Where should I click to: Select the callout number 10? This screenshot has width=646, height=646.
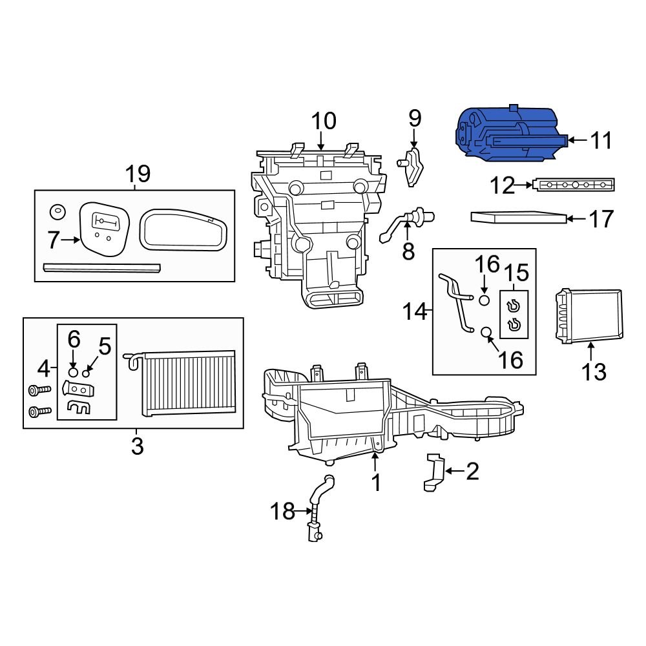[324, 121]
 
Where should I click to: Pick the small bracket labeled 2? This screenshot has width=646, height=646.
[434, 473]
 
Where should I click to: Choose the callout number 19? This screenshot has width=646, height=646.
[138, 174]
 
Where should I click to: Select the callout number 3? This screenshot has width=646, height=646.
[137, 445]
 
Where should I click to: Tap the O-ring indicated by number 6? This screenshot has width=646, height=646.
[74, 373]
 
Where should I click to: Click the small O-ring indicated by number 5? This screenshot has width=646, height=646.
[86, 373]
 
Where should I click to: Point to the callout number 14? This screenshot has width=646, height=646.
[416, 312]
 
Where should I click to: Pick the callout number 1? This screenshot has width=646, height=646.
[376, 483]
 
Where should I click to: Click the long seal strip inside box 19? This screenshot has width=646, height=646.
[101, 267]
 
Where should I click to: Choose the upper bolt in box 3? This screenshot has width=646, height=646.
[38, 391]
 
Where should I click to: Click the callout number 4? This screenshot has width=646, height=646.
[43, 369]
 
